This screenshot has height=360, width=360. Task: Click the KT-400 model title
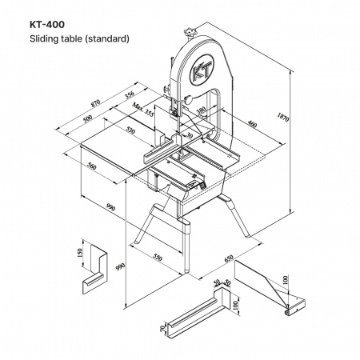coord(47,25)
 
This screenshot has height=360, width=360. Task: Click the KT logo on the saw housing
coord(202,70)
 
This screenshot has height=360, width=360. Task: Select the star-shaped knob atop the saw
coord(190,33)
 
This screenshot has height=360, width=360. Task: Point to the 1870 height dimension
coord(283,117)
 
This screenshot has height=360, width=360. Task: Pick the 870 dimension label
coord(95,103)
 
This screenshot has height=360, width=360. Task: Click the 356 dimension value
coord(130,95)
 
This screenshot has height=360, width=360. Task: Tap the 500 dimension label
coord(87,118)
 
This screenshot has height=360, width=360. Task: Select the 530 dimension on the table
coord(130,130)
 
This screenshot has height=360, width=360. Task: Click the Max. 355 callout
coord(143,110)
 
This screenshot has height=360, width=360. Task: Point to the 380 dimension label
coord(202,110)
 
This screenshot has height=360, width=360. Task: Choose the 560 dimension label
coord(91,166)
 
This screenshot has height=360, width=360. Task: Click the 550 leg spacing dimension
coord(158,258)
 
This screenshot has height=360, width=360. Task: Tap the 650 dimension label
coord(229,258)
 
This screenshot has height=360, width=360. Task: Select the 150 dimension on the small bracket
coord(79,253)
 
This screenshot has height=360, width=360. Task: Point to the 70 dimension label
coord(162,329)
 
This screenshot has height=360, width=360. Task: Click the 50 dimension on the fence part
coord(217,282)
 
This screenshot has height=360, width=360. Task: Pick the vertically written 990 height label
coord(120,266)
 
